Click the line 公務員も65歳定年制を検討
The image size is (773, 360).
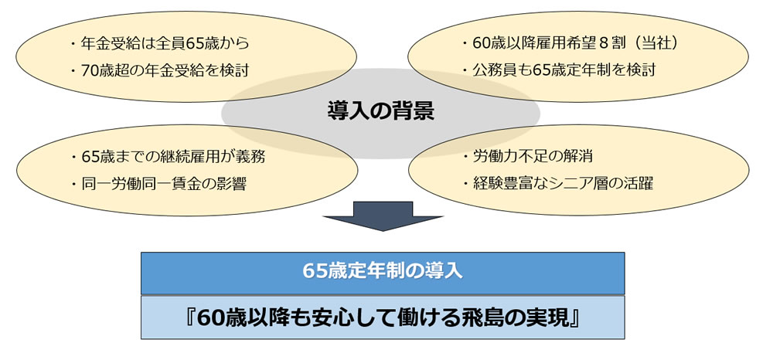point(564,70)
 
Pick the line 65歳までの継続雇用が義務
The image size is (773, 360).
point(172,157)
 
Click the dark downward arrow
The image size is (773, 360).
point(383,216)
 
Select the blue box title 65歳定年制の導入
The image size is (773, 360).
point(383,272)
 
